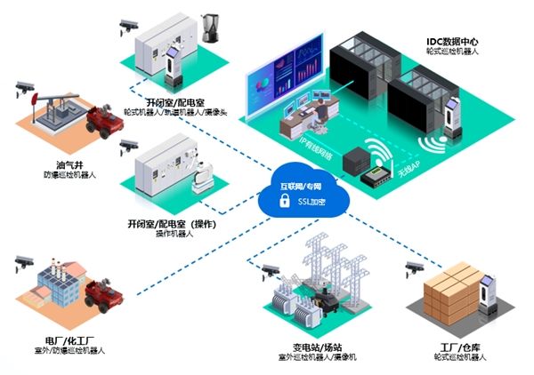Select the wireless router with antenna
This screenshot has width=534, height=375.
pos(380,172)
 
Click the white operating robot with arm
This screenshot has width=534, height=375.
pos(199,171)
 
